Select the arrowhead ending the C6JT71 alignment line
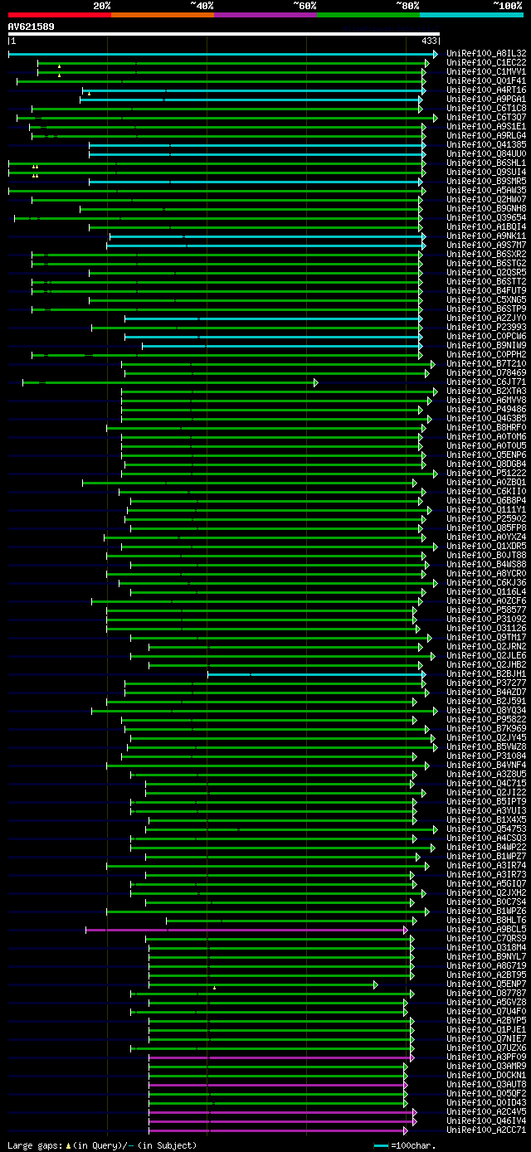[x=315, y=382]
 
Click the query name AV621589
[x=31, y=27]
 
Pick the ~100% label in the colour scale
[x=508, y=6]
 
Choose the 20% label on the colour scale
[x=102, y=6]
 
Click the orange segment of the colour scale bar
[x=162, y=15]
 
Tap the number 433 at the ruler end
[x=430, y=41]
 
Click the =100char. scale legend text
[x=413, y=1145]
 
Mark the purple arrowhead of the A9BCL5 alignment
[x=407, y=930]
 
